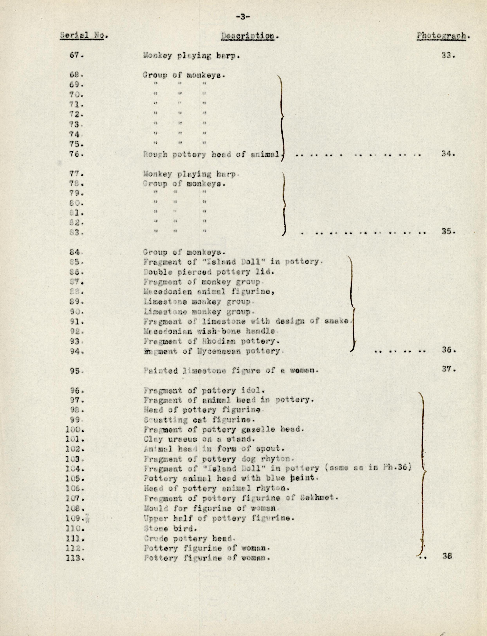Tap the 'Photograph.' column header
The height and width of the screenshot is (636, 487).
[443, 36]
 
